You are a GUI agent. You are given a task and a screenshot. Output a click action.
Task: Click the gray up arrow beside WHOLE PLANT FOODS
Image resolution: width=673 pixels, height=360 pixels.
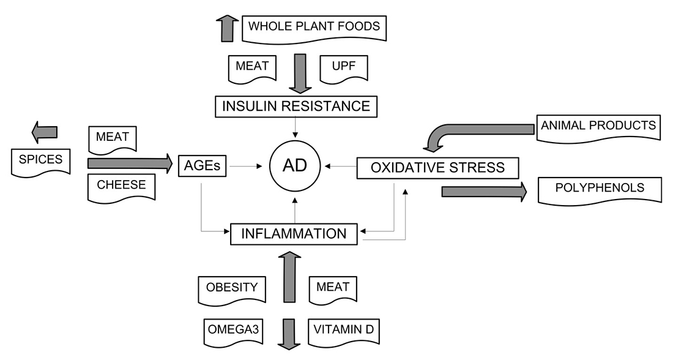tap(227, 28)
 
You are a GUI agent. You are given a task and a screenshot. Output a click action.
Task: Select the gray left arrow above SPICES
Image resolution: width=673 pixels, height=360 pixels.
tap(44, 132)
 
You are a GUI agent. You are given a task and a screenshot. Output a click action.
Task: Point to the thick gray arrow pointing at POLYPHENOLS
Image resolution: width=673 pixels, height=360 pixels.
tap(484, 192)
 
